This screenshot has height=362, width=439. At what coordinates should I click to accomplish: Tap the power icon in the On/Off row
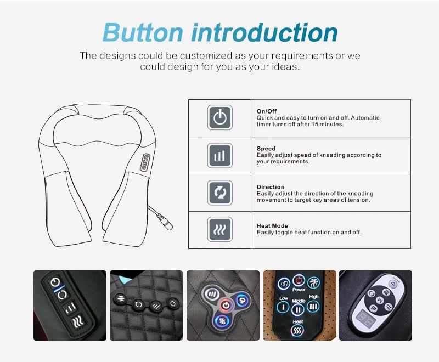tap(220, 118)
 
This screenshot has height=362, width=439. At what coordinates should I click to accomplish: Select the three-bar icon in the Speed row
tap(220, 156)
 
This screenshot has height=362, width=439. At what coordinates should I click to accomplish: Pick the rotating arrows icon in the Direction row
tap(220, 193)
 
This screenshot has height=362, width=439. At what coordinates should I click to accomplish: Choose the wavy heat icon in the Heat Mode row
tap(220, 230)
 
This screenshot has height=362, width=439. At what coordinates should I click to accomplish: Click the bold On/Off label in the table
tap(267, 111)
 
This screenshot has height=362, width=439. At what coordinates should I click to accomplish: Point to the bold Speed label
tap(266, 149)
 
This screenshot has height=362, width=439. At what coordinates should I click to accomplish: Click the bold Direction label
tap(271, 187)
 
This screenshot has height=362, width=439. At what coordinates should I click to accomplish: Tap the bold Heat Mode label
tap(272, 225)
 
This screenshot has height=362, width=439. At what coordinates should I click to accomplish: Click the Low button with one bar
tap(283, 308)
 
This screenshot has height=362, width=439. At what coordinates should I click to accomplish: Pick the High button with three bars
tap(313, 306)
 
